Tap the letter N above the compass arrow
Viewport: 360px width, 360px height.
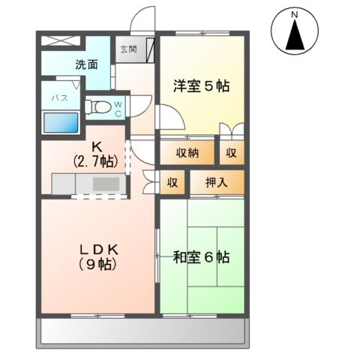295,15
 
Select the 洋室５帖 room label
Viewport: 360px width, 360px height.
200,85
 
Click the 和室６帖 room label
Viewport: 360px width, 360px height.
200,257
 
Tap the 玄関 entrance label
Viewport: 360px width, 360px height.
127,49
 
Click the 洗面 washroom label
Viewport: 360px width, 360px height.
85,64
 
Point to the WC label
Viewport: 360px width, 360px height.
118,109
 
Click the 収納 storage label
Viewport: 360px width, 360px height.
187,153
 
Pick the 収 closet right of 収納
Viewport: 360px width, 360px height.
231,153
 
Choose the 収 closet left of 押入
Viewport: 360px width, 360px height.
172,182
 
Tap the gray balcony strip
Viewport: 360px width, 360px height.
142,330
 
